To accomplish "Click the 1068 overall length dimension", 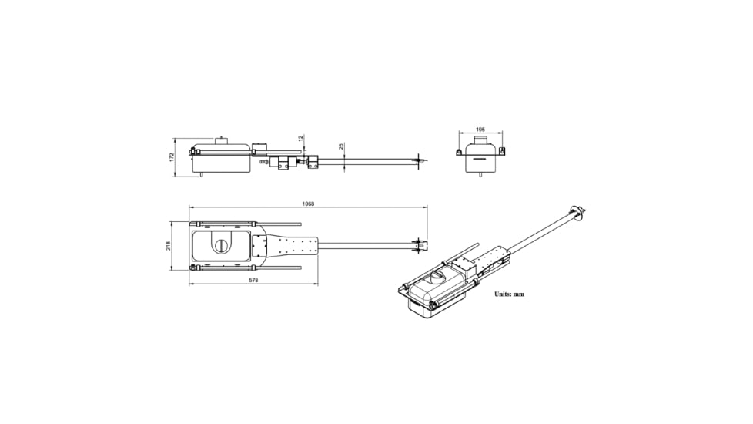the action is (308, 204).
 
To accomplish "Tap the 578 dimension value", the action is (254, 281).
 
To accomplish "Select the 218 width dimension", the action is (168, 246).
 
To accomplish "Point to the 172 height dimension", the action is (172, 157).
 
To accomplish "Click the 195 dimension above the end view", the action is (480, 130).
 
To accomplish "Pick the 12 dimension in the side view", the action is (300, 138).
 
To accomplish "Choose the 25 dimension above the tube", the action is (341, 146).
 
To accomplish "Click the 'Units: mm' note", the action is (510, 294).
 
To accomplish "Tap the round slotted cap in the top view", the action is (222, 246).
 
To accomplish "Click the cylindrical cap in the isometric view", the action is (438, 278).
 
